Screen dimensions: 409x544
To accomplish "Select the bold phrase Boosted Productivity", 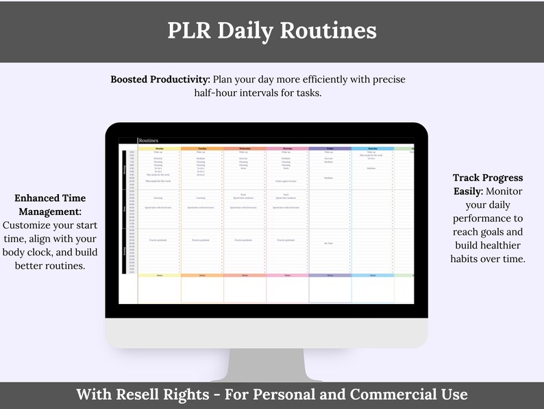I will [x=160, y=80].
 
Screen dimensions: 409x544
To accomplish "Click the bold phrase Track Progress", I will [x=487, y=178].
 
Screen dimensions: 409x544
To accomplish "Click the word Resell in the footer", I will [x=143, y=395].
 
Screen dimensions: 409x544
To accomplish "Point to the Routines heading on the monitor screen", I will [x=148, y=140].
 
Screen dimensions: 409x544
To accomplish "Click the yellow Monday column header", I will [x=159, y=148].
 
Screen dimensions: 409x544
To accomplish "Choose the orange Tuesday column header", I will [x=201, y=148].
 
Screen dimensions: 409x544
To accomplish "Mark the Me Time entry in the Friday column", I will [x=329, y=244].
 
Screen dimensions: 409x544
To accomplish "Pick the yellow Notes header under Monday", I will [x=159, y=275].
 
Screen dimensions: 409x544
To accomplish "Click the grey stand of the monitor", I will [x=267, y=364].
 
